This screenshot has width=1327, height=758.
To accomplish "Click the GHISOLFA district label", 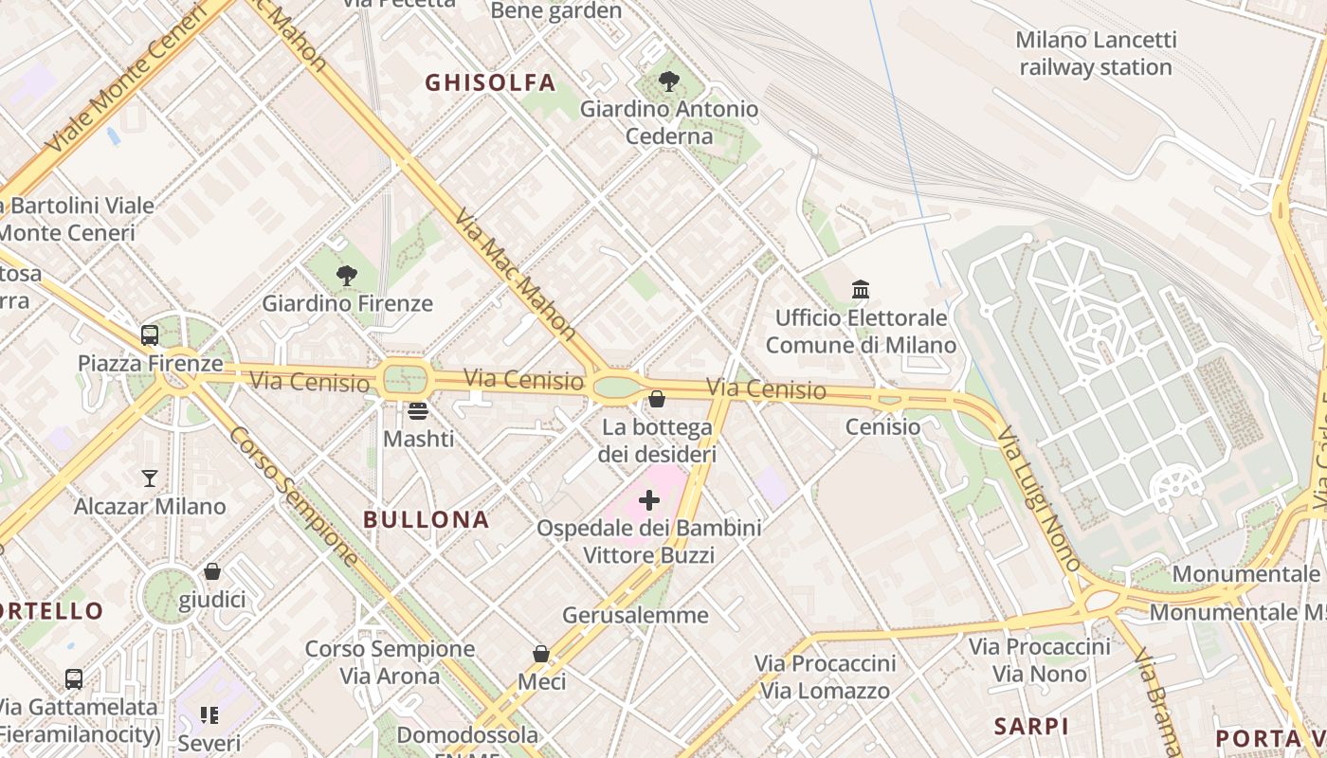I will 490,82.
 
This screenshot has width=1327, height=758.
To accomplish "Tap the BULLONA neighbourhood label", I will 427,519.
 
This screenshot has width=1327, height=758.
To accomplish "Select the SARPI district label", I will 1031,727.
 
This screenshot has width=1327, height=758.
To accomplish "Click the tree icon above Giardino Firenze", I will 347,276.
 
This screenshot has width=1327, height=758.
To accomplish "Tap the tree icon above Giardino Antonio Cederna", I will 669,81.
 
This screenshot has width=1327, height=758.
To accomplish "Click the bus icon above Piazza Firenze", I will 150,334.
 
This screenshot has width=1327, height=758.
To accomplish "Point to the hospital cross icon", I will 649,499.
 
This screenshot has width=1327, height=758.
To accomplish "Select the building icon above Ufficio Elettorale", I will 861,289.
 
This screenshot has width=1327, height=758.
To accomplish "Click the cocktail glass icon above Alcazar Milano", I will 150,478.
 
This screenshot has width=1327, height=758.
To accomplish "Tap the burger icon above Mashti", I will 418,411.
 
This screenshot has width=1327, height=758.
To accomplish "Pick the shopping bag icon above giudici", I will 212,571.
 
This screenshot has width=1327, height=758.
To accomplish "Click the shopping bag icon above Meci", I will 541,654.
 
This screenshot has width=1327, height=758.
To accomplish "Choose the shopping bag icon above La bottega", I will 657,399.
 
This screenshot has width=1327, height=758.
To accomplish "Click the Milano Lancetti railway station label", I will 1096,53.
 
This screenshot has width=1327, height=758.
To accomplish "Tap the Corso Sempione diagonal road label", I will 294,496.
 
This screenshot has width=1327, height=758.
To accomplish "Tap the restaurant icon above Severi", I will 209,714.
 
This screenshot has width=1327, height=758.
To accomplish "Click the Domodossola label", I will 467,734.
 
